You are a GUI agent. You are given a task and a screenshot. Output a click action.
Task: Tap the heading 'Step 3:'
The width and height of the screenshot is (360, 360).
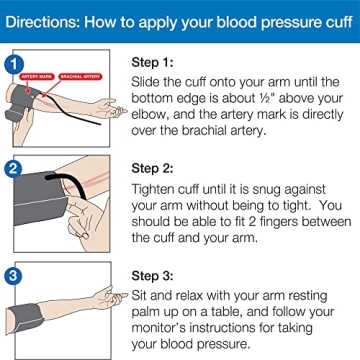pyautogui.click(x=157, y=265)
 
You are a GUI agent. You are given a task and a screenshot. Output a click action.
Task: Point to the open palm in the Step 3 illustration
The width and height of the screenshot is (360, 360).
pyautogui.click(x=112, y=292)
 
